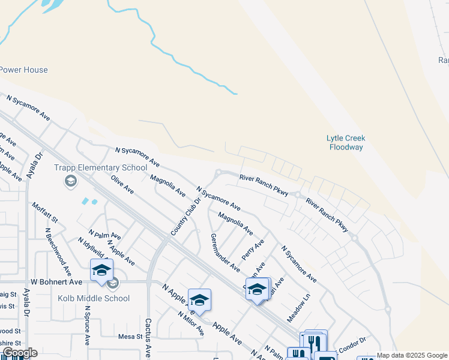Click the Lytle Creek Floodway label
coord(346,142)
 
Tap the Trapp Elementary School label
coord(100,168)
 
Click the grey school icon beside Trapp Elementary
coord(71,181)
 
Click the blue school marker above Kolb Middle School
coord(101,270)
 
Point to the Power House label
coord(23,70)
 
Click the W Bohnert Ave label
coord(56,281)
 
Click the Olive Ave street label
coord(122,184)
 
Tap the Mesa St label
coord(130,337)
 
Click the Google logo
coord(20,353)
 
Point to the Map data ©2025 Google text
coord(411,355)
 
